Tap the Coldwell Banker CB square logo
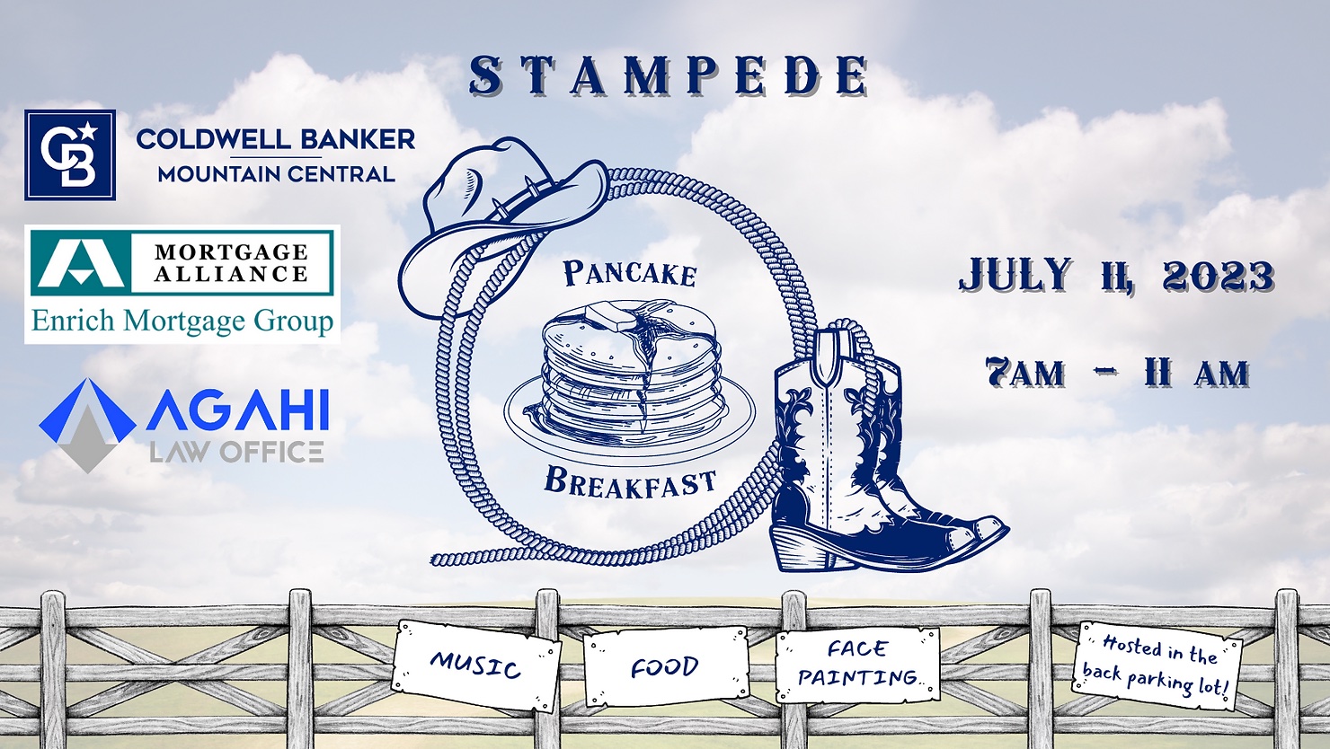tap(70, 154)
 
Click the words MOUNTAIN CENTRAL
tap(277, 174)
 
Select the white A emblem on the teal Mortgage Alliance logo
tap(77, 260)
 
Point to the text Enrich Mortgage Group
tap(182, 321)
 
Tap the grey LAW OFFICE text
tap(236, 452)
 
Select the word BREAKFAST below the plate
tap(630, 480)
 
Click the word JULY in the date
tap(1015, 275)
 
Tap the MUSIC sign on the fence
tap(475, 665)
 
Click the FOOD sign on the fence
tap(666, 666)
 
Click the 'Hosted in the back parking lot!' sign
tap(1157, 665)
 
